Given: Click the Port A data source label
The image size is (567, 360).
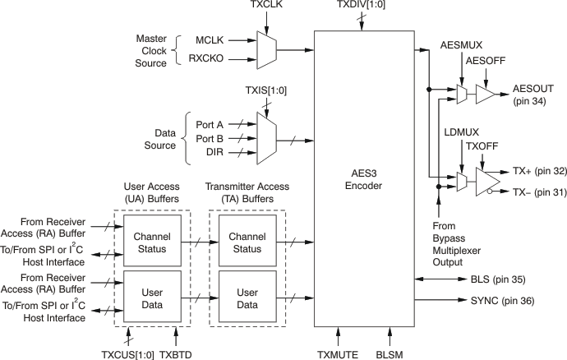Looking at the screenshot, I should coord(211,123).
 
